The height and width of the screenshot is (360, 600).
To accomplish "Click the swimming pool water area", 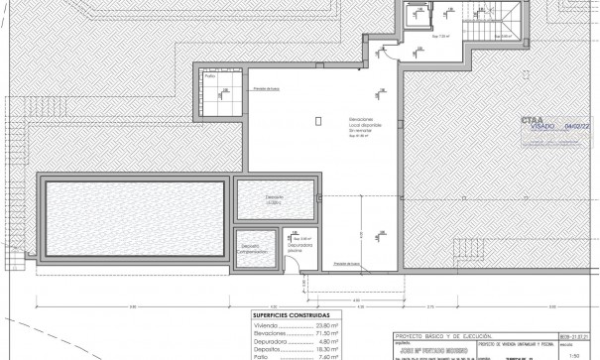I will click(x=134, y=215).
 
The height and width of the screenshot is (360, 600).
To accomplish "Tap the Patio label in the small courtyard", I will click(x=209, y=75).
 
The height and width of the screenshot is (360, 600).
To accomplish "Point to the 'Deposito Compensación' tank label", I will click(x=251, y=249).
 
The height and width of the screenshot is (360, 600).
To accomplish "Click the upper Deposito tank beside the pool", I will click(x=275, y=199).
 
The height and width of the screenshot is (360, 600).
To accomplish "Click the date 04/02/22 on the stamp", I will click(x=576, y=127).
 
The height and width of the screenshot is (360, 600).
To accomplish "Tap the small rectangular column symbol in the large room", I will click(x=317, y=121).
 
